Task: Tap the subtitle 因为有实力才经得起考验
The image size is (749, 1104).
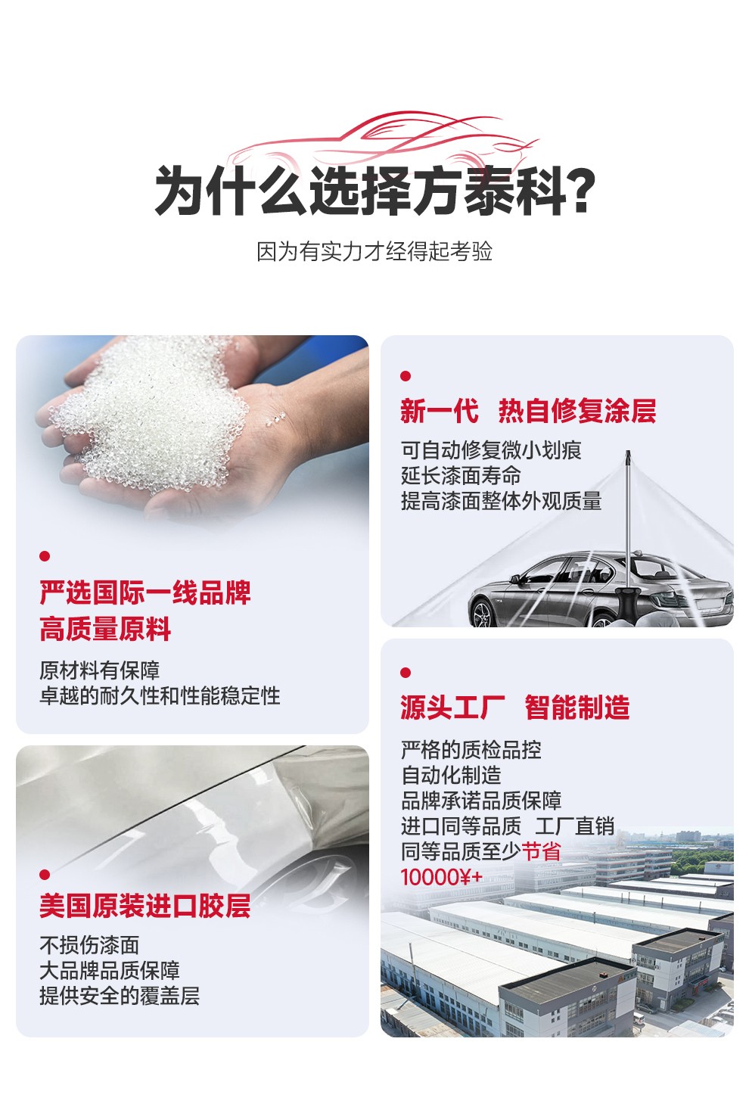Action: click(374, 251)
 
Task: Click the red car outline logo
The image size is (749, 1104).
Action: click(382, 141)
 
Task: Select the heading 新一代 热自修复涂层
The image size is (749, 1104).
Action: click(528, 411)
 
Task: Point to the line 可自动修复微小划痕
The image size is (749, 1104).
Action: click(491, 450)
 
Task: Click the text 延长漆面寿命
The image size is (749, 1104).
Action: click(461, 476)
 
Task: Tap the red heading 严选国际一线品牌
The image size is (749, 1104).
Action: click(145, 592)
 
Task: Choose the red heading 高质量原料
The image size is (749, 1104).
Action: click(105, 629)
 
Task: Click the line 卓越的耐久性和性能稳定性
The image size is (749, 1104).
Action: click(160, 696)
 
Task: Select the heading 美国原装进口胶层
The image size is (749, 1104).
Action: click(145, 906)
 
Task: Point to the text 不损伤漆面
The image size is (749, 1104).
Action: click(89, 945)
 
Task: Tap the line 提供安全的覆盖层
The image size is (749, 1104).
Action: click(120, 996)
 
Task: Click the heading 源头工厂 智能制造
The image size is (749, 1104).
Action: click(515, 707)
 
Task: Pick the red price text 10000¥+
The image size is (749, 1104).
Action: click(442, 877)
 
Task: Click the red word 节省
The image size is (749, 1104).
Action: click(541, 851)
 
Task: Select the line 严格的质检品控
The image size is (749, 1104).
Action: click(471, 750)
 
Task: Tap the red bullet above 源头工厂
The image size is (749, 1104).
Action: click(406, 673)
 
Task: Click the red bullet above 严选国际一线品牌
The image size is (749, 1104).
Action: click(45, 556)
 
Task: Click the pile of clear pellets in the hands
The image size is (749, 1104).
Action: click(148, 414)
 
